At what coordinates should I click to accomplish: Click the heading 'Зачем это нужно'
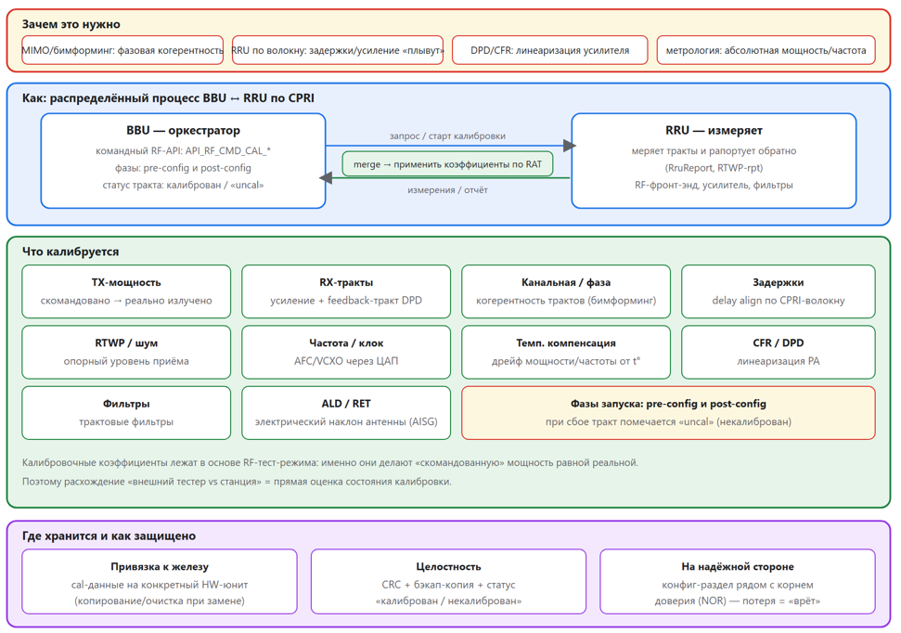(x=71, y=24)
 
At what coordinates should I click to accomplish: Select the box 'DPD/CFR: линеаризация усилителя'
(x=550, y=50)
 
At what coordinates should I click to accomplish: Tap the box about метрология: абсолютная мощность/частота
(x=766, y=50)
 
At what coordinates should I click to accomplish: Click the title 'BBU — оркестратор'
(x=184, y=131)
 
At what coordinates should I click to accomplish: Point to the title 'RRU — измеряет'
(x=714, y=131)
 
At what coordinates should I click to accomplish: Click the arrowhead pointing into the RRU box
(x=570, y=146)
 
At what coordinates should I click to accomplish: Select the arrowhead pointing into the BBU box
(x=326, y=178)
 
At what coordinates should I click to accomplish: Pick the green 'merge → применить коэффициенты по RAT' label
(x=447, y=164)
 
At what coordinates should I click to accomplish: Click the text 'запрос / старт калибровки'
(x=447, y=136)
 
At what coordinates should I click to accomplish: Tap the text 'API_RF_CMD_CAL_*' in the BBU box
(x=227, y=150)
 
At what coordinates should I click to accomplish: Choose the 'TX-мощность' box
(x=126, y=291)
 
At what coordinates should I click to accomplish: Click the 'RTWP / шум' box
(x=126, y=352)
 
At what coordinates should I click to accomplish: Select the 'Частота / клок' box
(x=346, y=352)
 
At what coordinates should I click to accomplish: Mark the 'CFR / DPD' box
(x=778, y=352)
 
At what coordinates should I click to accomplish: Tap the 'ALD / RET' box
(x=346, y=413)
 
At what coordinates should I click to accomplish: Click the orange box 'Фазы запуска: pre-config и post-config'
(x=668, y=413)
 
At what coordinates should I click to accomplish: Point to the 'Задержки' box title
(x=778, y=282)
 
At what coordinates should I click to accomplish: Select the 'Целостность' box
(x=448, y=581)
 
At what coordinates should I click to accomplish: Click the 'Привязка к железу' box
(x=160, y=581)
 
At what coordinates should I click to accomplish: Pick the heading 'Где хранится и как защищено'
(x=109, y=536)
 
